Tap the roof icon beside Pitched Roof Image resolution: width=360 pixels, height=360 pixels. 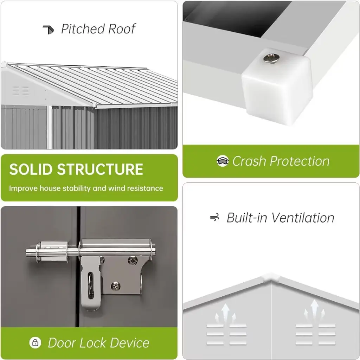pos(49,30)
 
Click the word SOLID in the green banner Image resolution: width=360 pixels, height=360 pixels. pos(31,169)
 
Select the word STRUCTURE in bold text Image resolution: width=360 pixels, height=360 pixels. pos(100,169)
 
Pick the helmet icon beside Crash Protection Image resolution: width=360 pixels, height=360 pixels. pos(223,161)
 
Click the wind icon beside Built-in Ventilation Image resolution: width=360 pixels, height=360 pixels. pos(215,217)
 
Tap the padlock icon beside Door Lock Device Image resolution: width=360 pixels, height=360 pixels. pos(35,342)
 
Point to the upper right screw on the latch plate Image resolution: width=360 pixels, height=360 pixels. pos(133,260)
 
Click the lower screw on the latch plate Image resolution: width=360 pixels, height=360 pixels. pos(115,286)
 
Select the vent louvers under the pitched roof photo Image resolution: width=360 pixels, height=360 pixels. pos(21,91)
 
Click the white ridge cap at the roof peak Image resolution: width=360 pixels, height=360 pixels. pos(271,277)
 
